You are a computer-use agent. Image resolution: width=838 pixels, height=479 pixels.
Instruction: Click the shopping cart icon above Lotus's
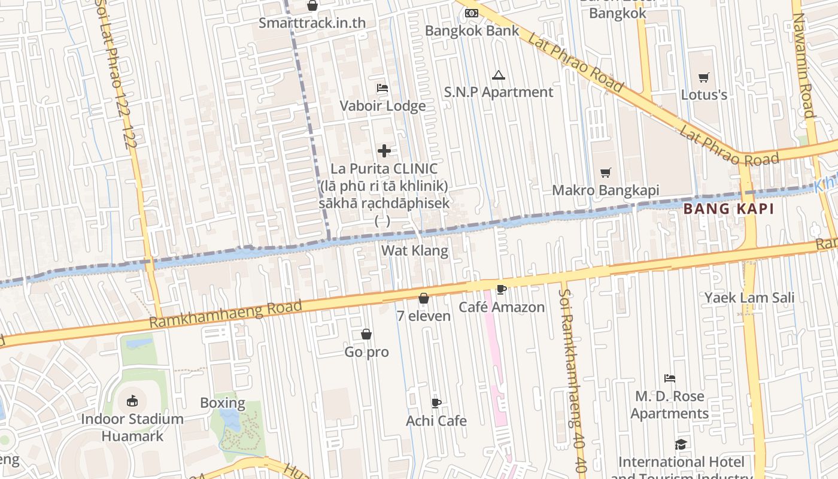point(704,77)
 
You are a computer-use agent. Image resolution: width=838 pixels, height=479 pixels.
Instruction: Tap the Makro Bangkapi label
point(605,190)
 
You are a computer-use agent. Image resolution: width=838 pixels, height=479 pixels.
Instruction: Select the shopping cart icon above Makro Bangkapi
point(606,173)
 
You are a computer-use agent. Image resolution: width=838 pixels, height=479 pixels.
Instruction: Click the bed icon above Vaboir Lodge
point(382,88)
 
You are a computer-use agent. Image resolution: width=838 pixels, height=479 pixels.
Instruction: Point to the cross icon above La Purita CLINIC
point(384,151)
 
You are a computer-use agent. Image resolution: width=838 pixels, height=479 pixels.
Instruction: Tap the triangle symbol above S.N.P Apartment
point(498,75)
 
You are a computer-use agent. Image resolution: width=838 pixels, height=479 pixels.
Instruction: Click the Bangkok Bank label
point(472,31)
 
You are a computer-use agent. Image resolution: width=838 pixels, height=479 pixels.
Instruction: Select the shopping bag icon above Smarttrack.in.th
point(312,6)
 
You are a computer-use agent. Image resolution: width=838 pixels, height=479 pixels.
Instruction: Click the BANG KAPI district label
point(728,209)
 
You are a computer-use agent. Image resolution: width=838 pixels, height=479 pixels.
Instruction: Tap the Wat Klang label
point(415,250)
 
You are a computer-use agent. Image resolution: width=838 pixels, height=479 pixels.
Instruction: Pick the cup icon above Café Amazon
point(502,290)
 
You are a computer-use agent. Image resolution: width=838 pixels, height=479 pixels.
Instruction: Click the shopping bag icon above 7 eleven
point(424,298)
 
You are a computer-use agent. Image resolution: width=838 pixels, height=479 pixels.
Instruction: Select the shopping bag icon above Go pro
point(366,334)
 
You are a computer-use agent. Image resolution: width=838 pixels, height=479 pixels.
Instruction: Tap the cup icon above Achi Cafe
point(436,403)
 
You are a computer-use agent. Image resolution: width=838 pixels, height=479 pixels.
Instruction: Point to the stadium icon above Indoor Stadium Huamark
point(132,401)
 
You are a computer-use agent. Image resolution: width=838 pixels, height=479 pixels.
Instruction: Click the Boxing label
point(223,403)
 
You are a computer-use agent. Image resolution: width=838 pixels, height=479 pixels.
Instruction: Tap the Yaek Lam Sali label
point(749,298)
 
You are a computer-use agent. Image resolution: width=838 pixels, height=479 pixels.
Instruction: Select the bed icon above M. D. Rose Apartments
point(670,378)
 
